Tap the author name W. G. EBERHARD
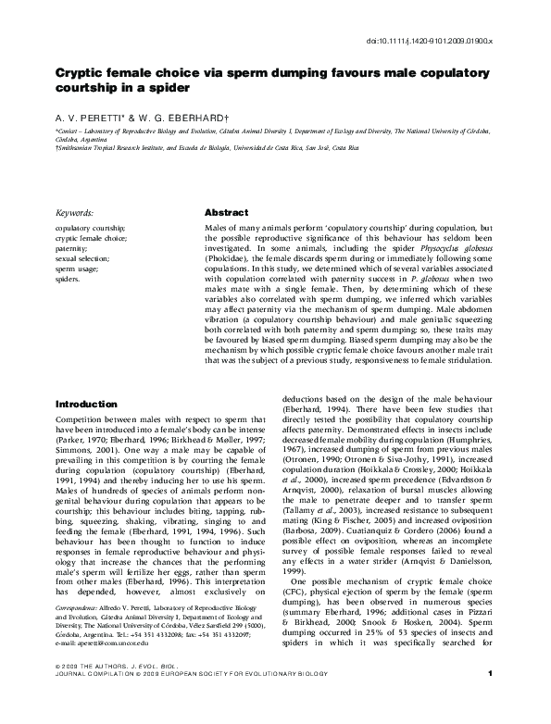pyautogui.click(x=172, y=119)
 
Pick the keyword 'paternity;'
pyautogui.click(x=73, y=249)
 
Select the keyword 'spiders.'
pyautogui.click(x=70, y=278)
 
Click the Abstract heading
pyautogui.click(x=226, y=212)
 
